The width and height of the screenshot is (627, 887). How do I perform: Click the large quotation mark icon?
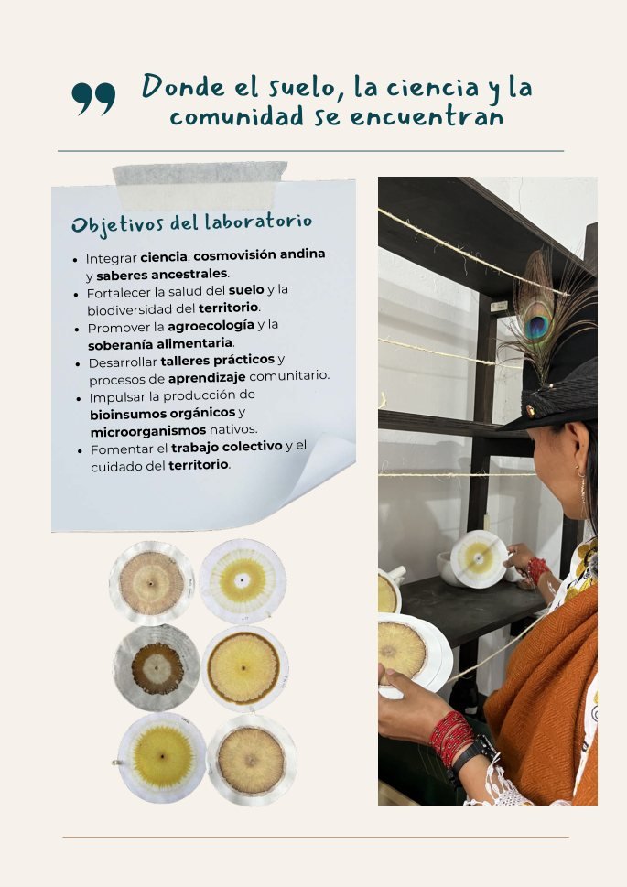93,99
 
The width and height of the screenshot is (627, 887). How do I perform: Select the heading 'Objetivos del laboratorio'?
191,223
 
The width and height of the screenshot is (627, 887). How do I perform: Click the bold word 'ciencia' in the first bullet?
164,257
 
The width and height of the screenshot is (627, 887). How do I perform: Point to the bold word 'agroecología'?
211,326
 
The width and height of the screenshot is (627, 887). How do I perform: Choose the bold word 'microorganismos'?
148,431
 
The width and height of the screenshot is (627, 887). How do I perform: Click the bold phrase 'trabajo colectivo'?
226,447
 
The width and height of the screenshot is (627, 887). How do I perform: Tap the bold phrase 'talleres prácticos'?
217,361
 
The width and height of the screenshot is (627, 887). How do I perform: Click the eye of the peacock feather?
535,327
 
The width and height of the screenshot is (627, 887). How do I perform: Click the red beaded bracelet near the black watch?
450,737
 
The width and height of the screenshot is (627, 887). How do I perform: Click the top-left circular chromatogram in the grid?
152,583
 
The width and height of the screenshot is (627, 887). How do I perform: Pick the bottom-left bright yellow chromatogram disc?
162,757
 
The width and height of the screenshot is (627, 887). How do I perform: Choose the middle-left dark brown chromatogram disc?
157,668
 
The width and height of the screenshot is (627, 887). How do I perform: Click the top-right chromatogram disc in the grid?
243,581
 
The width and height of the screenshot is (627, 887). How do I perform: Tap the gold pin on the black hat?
530,410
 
